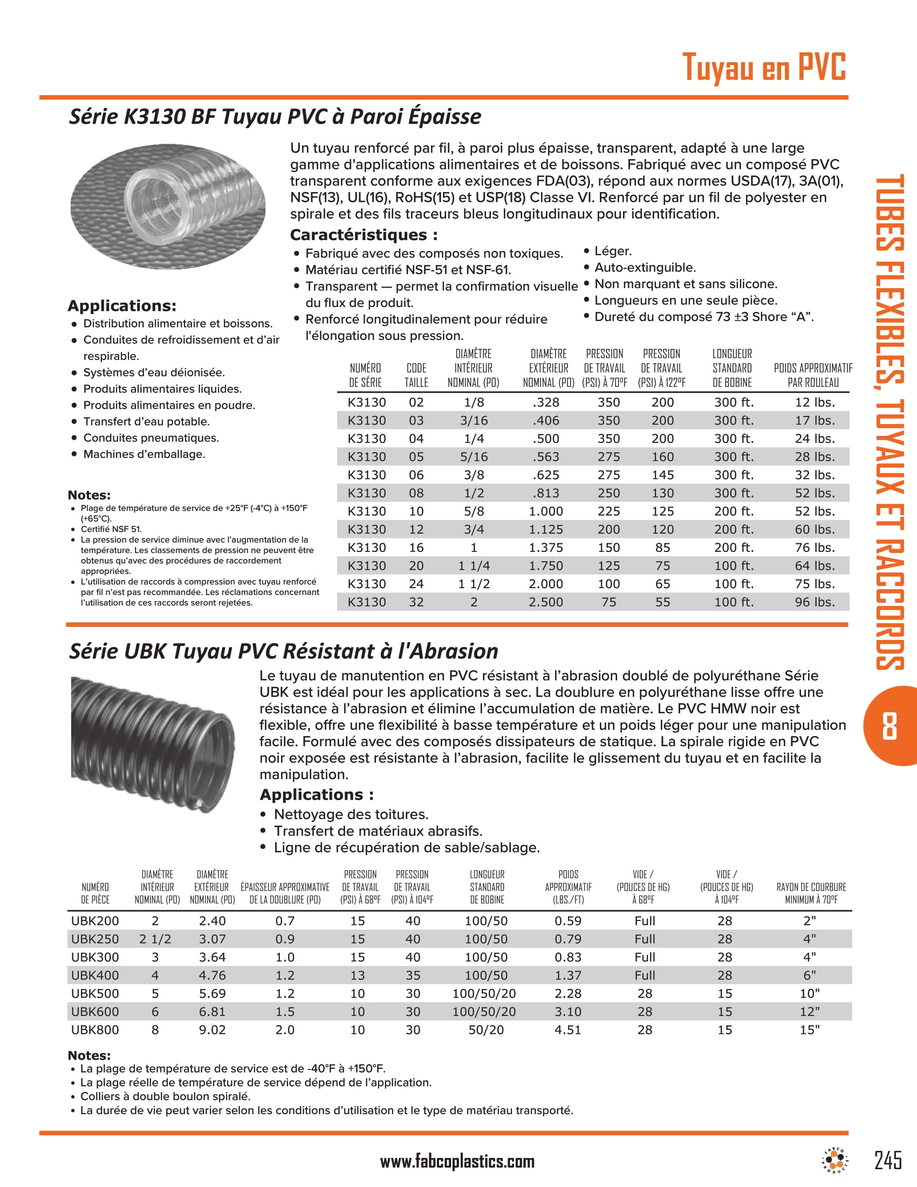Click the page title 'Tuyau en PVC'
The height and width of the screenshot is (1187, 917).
coord(763,67)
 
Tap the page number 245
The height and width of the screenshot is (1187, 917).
coord(888,1160)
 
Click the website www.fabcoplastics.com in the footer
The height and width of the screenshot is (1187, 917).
coord(457,1162)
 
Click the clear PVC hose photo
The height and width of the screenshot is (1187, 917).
coord(168,206)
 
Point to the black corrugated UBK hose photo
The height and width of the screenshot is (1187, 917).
coord(153,744)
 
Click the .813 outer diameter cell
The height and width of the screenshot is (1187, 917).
coord(545,493)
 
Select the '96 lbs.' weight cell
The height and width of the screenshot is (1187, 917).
coord(814,602)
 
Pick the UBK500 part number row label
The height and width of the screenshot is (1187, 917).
coord(95,993)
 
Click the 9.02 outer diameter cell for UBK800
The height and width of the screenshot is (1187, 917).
coord(212,1030)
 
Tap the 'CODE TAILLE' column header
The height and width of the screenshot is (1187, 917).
coord(416,375)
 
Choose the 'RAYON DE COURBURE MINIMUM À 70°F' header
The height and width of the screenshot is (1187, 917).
coord(811,893)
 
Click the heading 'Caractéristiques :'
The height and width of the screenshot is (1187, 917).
coord(364,235)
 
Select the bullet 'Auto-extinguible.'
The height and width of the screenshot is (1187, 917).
coord(644,268)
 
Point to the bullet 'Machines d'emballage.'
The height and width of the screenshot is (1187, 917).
coord(144,454)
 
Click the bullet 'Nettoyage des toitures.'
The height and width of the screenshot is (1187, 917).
coord(351,814)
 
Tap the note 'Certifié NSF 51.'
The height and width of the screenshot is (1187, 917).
coord(111,529)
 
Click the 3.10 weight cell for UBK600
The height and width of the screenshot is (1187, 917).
coord(567,1012)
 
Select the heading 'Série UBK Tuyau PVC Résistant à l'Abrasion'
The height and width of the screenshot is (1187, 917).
coord(283,651)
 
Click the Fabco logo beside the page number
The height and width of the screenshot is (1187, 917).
coord(834,1159)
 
